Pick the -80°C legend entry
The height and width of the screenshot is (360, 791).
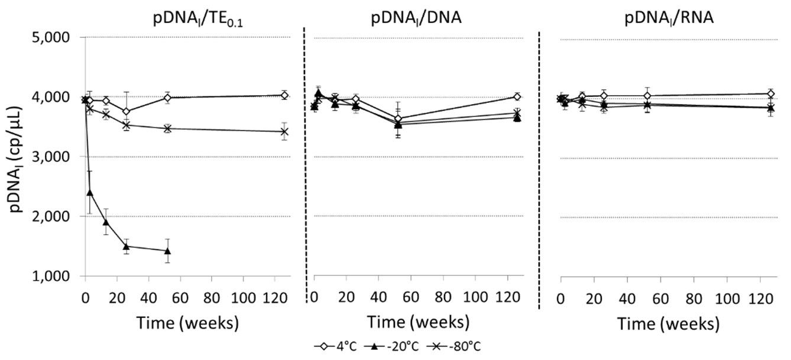pos(462,346)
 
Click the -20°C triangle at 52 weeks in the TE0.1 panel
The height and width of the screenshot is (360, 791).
pos(167,251)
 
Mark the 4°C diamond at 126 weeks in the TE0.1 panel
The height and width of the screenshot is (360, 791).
pos(284,95)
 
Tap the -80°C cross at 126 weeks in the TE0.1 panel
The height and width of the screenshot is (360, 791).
pos(284,131)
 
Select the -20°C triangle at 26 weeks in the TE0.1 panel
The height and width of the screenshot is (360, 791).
pos(126,246)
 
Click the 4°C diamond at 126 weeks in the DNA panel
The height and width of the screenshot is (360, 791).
pos(517,96)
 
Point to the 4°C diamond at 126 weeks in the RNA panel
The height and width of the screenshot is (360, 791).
pos(770,93)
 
